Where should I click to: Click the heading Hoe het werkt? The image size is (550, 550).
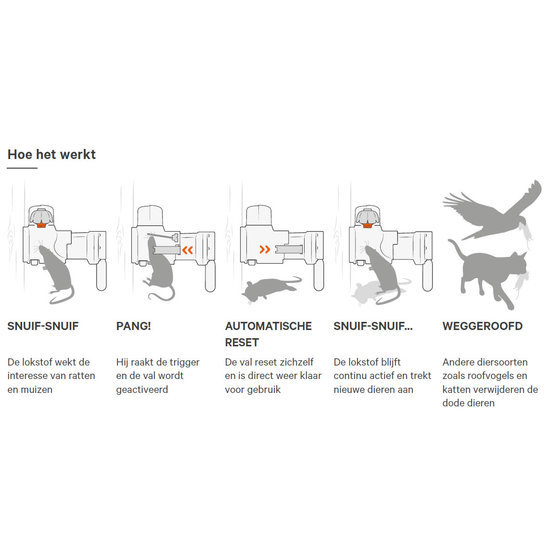[52, 154]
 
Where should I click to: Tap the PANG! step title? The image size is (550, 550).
[133, 326]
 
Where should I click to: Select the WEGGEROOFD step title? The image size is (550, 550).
[482, 326]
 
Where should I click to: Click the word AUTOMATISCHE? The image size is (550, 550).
[268, 326]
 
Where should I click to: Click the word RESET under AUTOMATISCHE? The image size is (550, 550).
[242, 342]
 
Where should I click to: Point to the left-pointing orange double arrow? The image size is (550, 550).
[188, 250]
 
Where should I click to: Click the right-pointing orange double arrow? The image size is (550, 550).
[265, 249]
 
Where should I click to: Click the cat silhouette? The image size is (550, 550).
[488, 274]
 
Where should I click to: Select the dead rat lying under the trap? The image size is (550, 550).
[271, 288]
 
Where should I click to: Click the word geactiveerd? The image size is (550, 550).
[142, 390]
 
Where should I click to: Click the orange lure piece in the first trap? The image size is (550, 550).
[41, 225]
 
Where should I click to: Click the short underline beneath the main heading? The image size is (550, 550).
[22, 168]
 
